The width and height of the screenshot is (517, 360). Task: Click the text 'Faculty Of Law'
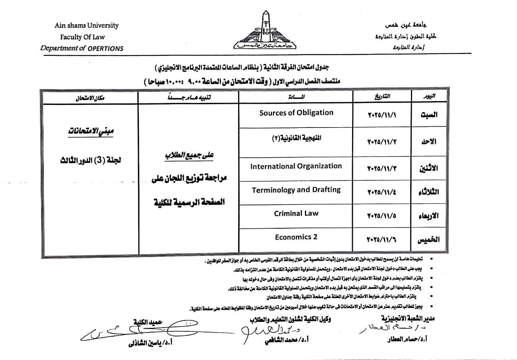pyautogui.click(x=82, y=37)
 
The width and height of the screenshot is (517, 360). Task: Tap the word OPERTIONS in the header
pyautogui.click(x=106, y=48)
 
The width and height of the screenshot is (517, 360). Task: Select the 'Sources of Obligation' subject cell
pyautogui.click(x=296, y=112)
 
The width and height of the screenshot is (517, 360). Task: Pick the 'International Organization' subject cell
pyautogui.click(x=296, y=166)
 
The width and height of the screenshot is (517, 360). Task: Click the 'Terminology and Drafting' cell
pyautogui.click(x=296, y=190)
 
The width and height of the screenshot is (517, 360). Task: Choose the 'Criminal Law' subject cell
pyautogui.click(x=296, y=213)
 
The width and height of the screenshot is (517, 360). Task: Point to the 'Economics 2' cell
pyautogui.click(x=296, y=237)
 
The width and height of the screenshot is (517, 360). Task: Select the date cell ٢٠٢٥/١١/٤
pyautogui.click(x=382, y=192)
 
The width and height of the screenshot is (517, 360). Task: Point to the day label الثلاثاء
pyautogui.click(x=428, y=192)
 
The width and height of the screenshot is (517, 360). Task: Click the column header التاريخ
pyautogui.click(x=382, y=97)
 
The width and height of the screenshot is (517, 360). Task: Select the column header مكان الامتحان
pyautogui.click(x=90, y=98)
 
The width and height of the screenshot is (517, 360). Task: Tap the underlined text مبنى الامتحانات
pyautogui.click(x=91, y=131)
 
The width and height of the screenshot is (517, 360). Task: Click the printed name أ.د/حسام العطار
pyautogui.click(x=407, y=339)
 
